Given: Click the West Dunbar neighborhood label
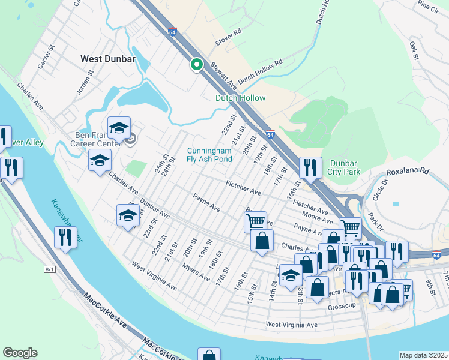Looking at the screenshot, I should pos(107,59).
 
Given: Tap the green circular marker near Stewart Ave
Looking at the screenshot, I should pos(196,65).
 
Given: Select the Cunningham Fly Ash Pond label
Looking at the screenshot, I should pos(209,155).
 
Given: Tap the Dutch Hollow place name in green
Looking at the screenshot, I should pos(240,98).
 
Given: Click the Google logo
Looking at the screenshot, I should pos(20,353).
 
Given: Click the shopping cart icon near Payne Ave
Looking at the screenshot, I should pos(255,221).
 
